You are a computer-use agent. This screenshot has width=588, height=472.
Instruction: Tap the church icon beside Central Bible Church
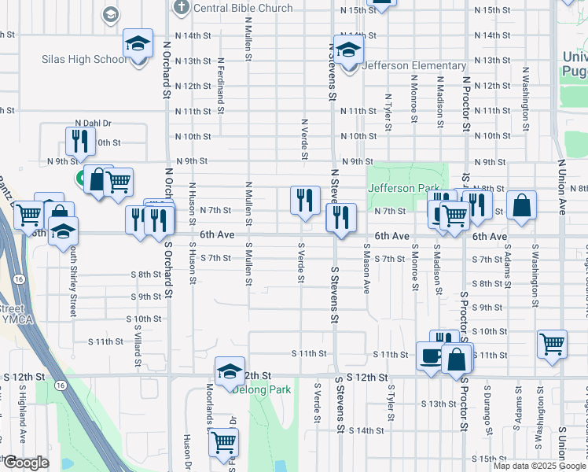181,9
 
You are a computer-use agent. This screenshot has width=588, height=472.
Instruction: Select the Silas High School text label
84,60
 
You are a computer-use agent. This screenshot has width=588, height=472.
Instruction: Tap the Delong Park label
271,389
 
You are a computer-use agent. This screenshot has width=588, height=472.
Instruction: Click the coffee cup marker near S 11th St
431,356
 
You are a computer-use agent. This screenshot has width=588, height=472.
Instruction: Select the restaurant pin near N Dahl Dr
78,142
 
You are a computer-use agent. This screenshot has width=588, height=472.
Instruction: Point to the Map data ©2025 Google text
539,466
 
